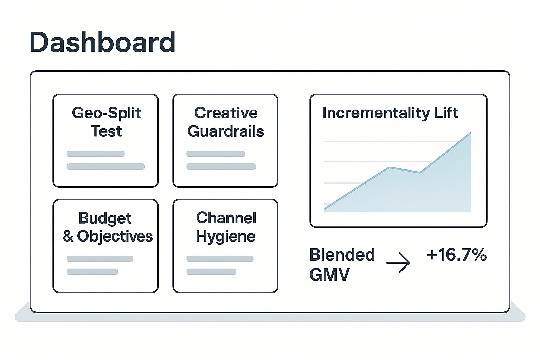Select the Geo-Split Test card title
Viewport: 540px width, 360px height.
[106, 122]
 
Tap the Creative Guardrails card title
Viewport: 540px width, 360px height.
[226, 122]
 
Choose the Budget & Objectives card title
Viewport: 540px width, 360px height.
[108, 227]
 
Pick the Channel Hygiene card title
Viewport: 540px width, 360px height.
[226, 227]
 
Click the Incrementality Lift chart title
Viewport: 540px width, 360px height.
[390, 113]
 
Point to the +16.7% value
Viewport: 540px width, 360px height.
[457, 255]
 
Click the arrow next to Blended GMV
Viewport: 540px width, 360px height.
[398, 263]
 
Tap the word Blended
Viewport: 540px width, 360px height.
[342, 255]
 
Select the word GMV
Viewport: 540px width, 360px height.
[329, 275]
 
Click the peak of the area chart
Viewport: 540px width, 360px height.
[470, 133]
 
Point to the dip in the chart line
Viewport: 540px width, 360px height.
[420, 173]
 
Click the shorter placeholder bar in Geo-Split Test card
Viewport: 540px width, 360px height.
[96, 154]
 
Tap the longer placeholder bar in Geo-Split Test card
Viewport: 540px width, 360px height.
[106, 167]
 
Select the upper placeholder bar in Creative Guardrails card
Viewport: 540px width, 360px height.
[216, 154]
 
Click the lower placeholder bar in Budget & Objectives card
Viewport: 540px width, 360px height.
[92, 271]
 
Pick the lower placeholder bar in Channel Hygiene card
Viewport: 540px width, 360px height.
[211, 271]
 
